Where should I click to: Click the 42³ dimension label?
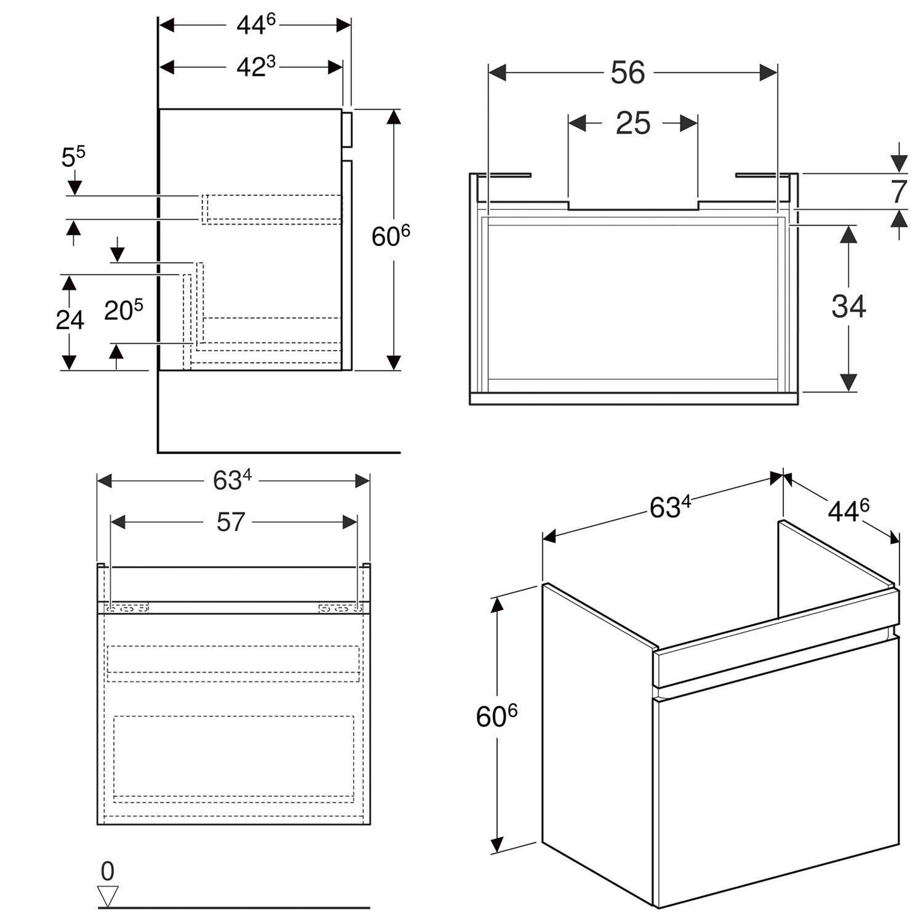tap(256, 66)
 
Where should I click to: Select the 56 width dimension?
tap(628, 73)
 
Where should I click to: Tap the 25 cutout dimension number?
tap(633, 124)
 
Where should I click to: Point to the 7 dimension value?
tap(899, 192)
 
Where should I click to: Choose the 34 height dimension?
tap(849, 306)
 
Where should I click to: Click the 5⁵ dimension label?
tap(73, 158)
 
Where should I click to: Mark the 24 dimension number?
tap(70, 320)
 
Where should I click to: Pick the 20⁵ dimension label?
tap(123, 310)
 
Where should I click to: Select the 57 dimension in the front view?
tap(231, 522)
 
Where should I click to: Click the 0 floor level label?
tap(108, 871)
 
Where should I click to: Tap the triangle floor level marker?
tap(108, 896)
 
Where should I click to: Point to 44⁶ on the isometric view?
tap(849, 510)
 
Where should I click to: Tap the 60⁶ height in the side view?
tap(391, 236)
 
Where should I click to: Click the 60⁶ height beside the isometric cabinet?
tap(497, 716)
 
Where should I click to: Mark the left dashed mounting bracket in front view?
tap(128, 609)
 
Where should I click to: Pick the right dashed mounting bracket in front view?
tap(340, 609)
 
